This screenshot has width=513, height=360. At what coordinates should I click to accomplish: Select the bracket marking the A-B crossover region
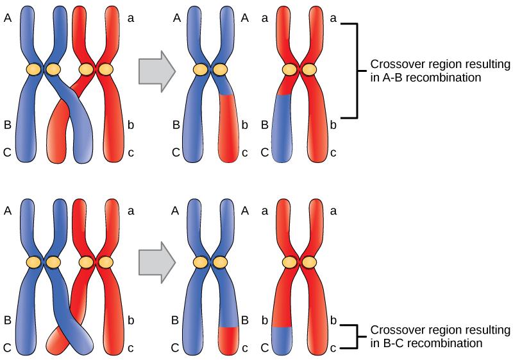[x=354, y=71]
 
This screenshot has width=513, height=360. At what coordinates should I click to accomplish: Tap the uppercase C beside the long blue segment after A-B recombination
[x=265, y=153]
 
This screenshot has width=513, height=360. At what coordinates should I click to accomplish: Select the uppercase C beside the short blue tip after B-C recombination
[x=265, y=348]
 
